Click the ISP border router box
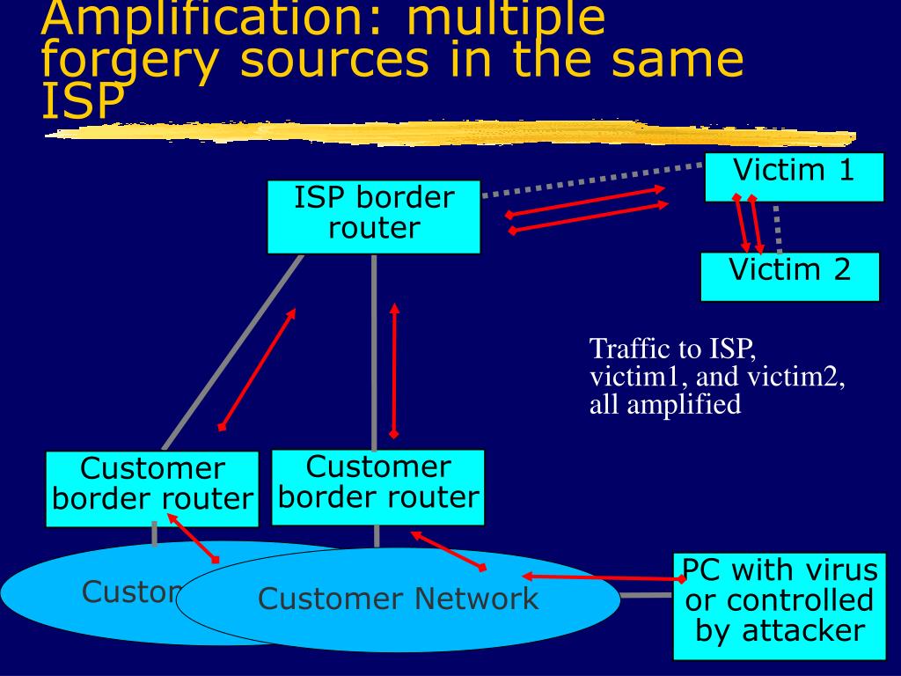click(374, 217)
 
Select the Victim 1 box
click(795, 176)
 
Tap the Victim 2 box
click(789, 276)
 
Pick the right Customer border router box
click(377, 487)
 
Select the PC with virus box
click(779, 606)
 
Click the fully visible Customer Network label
click(398, 599)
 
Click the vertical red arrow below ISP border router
click(394, 370)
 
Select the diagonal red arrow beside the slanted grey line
click(256, 369)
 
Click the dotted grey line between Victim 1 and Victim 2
click(778, 227)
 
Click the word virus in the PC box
click(836, 570)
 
